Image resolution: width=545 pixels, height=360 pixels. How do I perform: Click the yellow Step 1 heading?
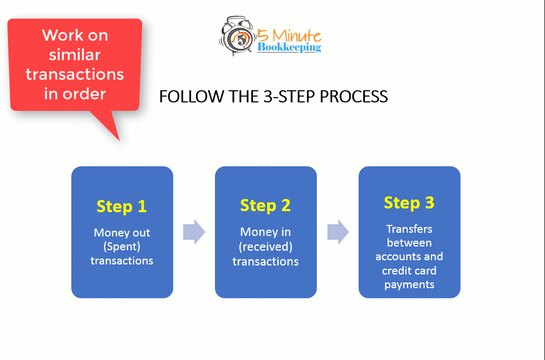[x=121, y=206]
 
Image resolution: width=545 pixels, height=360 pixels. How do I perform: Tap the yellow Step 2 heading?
[x=265, y=205]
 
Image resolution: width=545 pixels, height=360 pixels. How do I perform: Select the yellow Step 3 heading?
[x=409, y=203]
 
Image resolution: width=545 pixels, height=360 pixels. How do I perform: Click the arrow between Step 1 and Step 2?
[x=194, y=232]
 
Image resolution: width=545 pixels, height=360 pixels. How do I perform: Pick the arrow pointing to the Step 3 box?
[x=338, y=232]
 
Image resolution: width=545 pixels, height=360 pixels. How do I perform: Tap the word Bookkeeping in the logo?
[x=289, y=48]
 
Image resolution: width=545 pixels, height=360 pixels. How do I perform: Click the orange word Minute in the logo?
[x=297, y=35]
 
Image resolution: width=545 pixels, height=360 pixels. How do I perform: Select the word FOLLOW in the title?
[x=192, y=97]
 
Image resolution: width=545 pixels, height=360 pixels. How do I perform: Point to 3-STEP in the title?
[x=290, y=97]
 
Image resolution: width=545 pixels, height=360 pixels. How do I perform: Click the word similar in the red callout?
[x=75, y=55]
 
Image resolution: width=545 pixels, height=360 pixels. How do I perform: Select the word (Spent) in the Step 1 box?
[x=121, y=247]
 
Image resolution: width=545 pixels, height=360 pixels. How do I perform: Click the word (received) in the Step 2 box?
[x=266, y=247]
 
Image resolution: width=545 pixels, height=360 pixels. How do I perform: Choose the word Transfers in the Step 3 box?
[x=409, y=229]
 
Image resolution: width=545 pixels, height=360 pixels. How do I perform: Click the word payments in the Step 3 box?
[x=409, y=285]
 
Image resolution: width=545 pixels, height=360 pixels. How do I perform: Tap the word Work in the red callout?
[x=60, y=35]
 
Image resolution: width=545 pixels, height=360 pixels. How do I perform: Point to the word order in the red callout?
[x=84, y=94]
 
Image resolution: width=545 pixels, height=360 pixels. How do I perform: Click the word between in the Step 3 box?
[x=409, y=242]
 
